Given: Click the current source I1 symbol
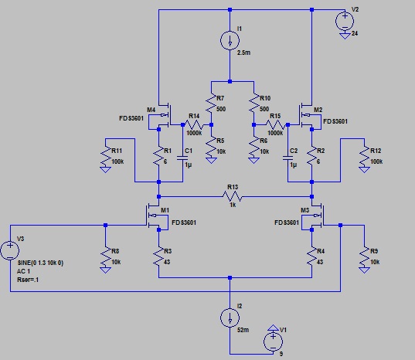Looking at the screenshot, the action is [x=230, y=40].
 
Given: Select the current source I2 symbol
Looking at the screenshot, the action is [x=230, y=318].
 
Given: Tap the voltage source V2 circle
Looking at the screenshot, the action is [x=345, y=21].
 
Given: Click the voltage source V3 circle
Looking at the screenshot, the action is [x=10, y=250].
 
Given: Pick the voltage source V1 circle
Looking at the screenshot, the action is [x=273, y=341].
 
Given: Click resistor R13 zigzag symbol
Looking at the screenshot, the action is [x=232, y=196].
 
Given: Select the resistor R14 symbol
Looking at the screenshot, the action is [x=194, y=124].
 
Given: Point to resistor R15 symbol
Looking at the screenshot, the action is [x=275, y=124].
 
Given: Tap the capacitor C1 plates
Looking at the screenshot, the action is [x=182, y=158].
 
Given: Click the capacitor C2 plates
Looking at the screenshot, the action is [x=287, y=158].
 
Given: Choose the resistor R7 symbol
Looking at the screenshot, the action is [x=211, y=103].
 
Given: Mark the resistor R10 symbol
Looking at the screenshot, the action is [x=253, y=103].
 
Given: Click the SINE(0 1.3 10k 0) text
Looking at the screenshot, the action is [x=40, y=263].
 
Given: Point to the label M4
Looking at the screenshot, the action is [x=151, y=110].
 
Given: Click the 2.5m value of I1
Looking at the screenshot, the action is [x=243, y=53].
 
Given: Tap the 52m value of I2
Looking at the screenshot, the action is [x=243, y=330].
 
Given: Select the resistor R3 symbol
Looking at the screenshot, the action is [x=158, y=256].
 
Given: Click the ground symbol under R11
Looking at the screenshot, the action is [x=105, y=169].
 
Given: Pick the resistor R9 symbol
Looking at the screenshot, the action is [x=364, y=256].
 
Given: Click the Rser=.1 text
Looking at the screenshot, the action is [x=28, y=280].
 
